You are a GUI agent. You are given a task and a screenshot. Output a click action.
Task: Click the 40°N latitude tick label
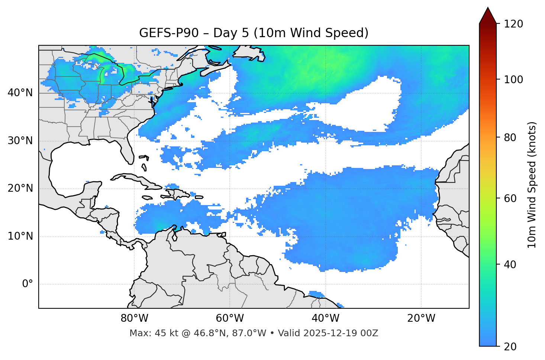point(20,93)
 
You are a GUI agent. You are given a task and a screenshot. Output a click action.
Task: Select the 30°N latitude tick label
point(20,141)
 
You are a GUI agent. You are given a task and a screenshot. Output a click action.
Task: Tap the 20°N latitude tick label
point(20,188)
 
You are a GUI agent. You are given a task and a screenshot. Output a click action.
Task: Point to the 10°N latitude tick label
point(20,236)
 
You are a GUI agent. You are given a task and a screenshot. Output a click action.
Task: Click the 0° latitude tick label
point(28,284)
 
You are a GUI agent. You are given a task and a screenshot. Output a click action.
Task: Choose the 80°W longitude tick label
point(134,318)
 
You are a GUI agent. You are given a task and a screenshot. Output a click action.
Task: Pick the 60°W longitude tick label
point(230,318)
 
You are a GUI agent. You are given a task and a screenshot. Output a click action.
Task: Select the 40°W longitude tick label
point(326,318)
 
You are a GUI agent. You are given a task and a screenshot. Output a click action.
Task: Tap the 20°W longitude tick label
point(421,318)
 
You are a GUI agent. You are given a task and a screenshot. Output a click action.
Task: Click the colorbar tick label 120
point(513,24)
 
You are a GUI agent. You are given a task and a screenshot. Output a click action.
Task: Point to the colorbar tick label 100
point(513,80)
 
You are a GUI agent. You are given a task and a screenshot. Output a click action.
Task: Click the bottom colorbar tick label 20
point(510,347)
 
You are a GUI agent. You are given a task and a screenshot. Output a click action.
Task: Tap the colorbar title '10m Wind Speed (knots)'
point(532,185)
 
